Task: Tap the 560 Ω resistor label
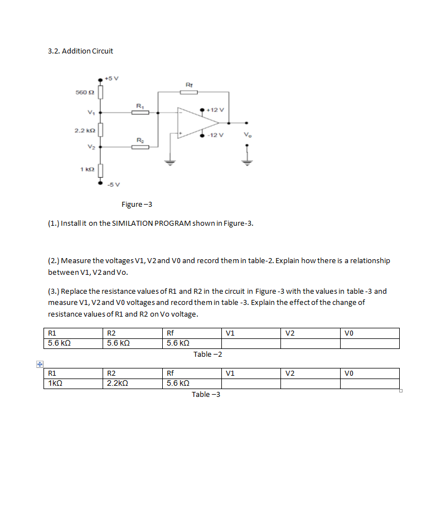tap(83, 93)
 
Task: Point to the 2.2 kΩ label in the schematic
tap(83, 130)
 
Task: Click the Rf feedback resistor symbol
tap(188, 92)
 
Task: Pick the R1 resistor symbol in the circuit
tap(140, 113)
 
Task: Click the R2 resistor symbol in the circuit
tap(140, 148)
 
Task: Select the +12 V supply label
tap(216, 110)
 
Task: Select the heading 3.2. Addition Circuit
tap(81, 51)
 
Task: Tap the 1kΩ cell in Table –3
tap(55, 383)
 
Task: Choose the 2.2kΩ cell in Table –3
tap(118, 383)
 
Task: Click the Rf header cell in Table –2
tap(171, 333)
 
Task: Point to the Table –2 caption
tap(208, 354)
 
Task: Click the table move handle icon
tap(40, 364)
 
